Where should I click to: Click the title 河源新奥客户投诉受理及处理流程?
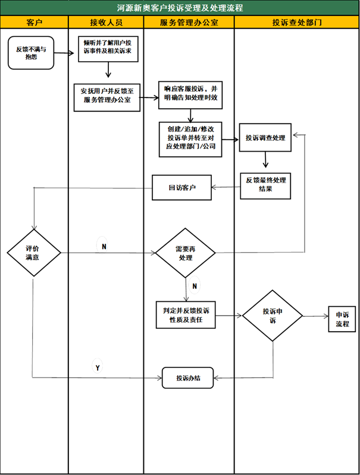(180, 8)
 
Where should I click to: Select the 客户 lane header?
(35, 23)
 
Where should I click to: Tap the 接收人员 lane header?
(106, 23)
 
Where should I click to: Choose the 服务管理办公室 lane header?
(189, 23)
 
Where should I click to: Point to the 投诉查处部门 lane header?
(297, 23)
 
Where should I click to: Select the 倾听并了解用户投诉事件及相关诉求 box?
(108, 49)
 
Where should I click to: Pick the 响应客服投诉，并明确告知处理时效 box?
(190, 96)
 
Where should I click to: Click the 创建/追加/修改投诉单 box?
(190, 139)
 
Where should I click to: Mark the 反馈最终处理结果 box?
(265, 184)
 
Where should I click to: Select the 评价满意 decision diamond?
(34, 253)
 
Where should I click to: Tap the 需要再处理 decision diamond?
(185, 253)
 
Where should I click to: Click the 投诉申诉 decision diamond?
(273, 315)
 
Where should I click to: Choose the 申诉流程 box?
(342, 320)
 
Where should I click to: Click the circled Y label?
(98, 368)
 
